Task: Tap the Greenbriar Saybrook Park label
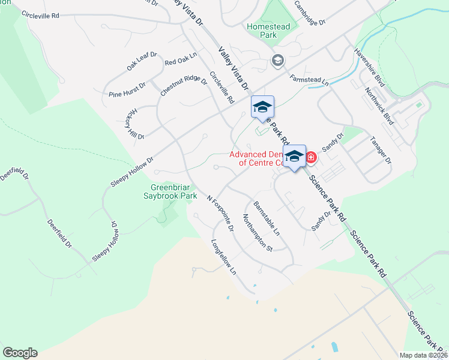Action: (x=173, y=191)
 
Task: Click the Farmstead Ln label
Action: (x=310, y=79)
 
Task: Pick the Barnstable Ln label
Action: (x=267, y=217)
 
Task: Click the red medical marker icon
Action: (x=311, y=157)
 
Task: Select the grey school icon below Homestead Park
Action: (x=277, y=59)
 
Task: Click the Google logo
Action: (x=20, y=353)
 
